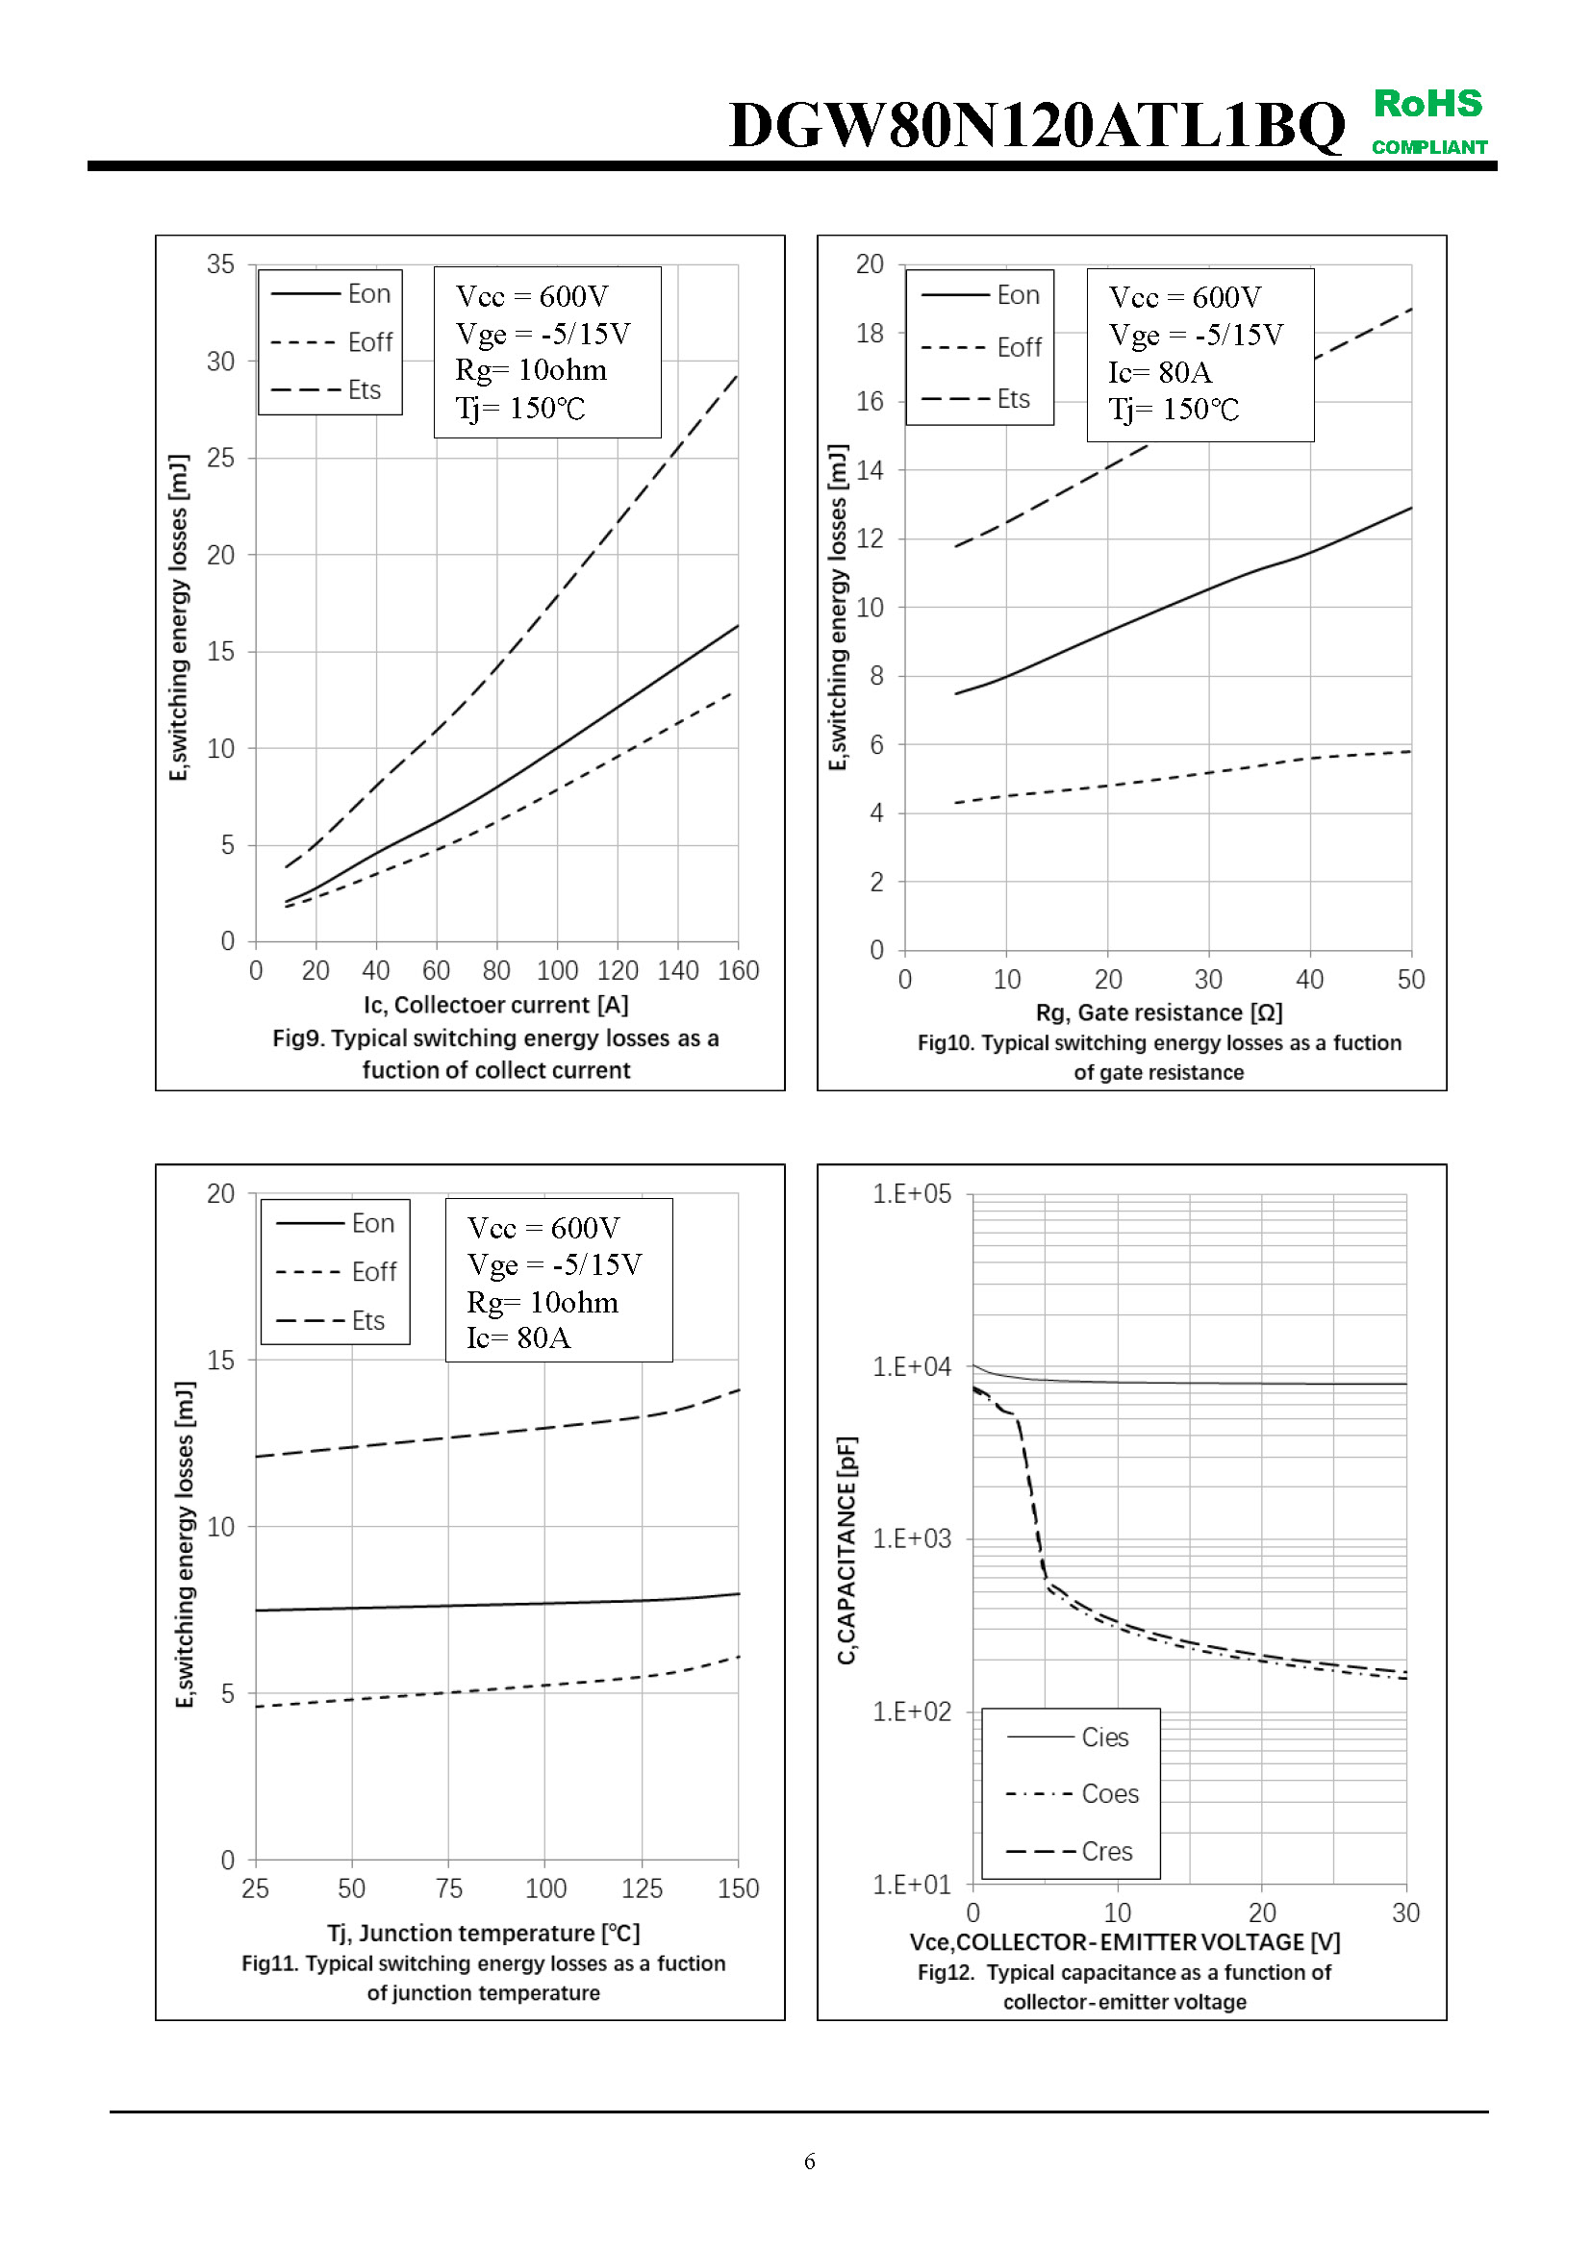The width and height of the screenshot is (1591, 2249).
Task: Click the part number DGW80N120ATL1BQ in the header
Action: pyautogui.click(x=1037, y=125)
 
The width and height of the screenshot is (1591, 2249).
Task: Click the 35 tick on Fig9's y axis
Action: pyautogui.click(x=220, y=264)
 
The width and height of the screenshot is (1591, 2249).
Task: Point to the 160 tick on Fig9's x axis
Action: pyautogui.click(x=738, y=971)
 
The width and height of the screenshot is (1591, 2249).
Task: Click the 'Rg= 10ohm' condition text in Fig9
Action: pyautogui.click(x=531, y=370)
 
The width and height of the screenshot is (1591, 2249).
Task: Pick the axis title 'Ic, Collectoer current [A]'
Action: pyautogui.click(x=495, y=1005)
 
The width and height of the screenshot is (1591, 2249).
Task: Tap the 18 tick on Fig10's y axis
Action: pyautogui.click(x=869, y=334)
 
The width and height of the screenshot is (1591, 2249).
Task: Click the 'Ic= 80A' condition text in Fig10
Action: pyautogui.click(x=1160, y=372)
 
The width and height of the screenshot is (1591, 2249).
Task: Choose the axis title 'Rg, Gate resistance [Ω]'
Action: pyautogui.click(x=1159, y=1012)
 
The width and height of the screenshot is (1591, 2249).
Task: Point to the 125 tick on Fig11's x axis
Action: pyautogui.click(x=642, y=1888)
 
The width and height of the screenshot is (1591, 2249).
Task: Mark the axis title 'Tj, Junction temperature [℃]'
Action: pyautogui.click(x=484, y=1933)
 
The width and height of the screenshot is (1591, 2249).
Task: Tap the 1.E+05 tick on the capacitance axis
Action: pyautogui.click(x=911, y=1194)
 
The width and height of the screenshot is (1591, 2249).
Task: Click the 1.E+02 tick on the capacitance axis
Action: pyautogui.click(x=911, y=1712)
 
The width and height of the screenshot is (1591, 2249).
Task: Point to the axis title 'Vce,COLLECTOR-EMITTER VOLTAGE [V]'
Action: pyautogui.click(x=1124, y=1941)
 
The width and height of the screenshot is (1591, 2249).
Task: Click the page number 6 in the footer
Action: pyautogui.click(x=809, y=2161)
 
